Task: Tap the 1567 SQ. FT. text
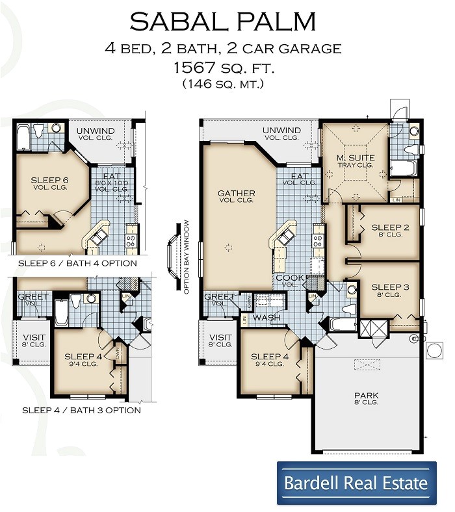pos(223,67)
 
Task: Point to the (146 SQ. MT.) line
pos(223,83)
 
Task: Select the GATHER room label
pos(236,194)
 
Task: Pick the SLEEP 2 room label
pos(390,227)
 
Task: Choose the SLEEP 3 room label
pos(390,287)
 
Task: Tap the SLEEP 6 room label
pos(50,180)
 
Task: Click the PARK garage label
pos(366,395)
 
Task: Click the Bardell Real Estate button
pos(356,483)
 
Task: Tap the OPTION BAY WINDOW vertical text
pos(187,257)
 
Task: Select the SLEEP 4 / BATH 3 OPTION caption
pos(81,410)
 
